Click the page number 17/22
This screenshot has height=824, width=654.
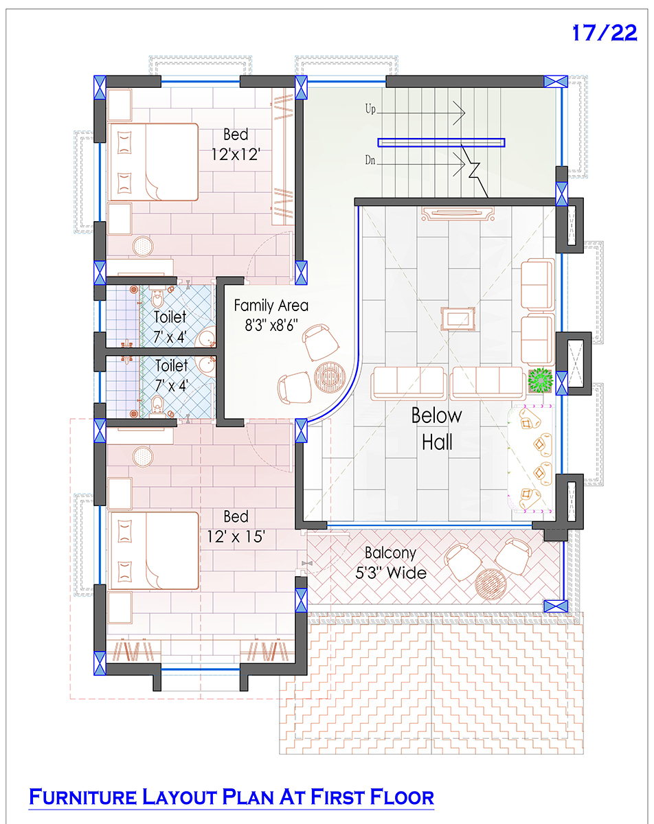tap(605, 33)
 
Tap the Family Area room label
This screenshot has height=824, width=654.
tap(271, 306)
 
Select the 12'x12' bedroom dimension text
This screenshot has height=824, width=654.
tap(236, 154)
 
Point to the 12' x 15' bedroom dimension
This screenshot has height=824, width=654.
tap(236, 537)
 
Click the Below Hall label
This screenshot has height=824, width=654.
tap(437, 429)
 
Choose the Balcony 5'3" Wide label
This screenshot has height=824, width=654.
tap(391, 563)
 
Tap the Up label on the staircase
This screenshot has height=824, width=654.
tap(370, 109)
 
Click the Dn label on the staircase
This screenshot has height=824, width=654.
tap(370, 160)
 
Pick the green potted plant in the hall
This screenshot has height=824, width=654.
tap(541, 380)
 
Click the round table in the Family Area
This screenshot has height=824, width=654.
tap(330, 377)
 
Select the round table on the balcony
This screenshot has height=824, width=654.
tap(490, 584)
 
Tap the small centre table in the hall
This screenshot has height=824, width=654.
tap(458, 319)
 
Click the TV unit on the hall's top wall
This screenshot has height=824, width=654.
tap(458, 214)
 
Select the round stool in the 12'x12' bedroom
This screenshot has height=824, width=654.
tap(143, 247)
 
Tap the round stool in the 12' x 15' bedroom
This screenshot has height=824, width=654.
tap(143, 457)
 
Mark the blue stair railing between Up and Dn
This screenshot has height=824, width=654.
tap(441, 142)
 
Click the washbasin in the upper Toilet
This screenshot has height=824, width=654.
tap(205, 337)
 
